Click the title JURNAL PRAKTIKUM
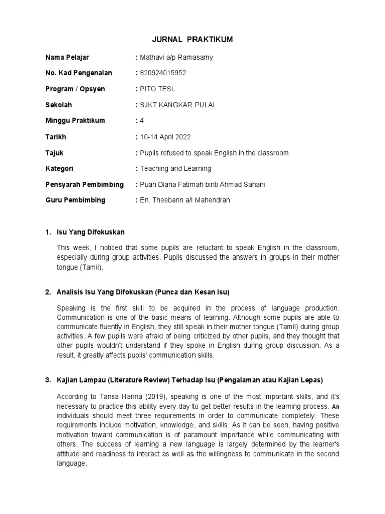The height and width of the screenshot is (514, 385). (192, 40)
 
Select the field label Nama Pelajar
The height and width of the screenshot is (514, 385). (67, 57)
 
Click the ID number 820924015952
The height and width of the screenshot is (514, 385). (162, 73)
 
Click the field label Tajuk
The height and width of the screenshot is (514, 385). (54, 153)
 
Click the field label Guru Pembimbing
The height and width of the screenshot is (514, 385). (75, 200)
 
